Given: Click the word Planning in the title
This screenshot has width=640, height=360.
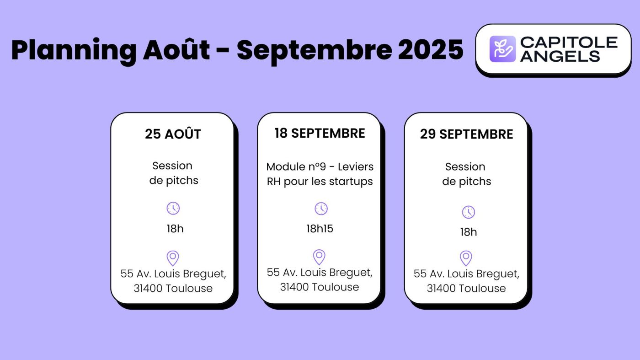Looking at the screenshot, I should tap(73, 50).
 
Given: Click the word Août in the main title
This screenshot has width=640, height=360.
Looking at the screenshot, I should tap(176, 50).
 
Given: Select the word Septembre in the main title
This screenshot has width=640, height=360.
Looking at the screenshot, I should tap(314, 50).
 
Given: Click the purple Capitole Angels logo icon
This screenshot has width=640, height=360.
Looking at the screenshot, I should tap(502, 49).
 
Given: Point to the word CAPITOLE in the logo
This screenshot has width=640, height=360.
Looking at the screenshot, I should tap(569, 43).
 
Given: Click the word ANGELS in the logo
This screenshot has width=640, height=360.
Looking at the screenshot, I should tap(560, 56).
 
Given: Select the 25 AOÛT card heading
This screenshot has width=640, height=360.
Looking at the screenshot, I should tap(173, 134).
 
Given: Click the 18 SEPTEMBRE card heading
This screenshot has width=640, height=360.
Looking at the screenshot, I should tap(320, 133).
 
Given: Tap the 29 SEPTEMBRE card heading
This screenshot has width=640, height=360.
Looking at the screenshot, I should tap(466, 134).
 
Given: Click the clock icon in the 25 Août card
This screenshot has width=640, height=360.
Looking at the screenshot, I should tap(173, 208).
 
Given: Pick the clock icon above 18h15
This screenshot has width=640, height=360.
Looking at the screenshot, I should tap(321, 209).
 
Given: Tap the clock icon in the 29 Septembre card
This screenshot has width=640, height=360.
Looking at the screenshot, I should tap(468, 212).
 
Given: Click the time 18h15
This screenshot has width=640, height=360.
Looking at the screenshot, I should tap(320, 229).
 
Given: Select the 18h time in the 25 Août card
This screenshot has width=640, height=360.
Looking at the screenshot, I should tap(175, 229).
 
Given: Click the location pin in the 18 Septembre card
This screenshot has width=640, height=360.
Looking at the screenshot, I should tap(319, 257).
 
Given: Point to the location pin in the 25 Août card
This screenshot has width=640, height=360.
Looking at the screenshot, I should tap(172, 258).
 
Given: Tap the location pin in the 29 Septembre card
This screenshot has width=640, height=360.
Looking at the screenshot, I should tap(466, 258).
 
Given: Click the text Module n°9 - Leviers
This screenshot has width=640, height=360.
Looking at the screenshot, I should tap(320, 167).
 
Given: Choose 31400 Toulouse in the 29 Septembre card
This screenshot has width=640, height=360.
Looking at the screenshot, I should tap(466, 288).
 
